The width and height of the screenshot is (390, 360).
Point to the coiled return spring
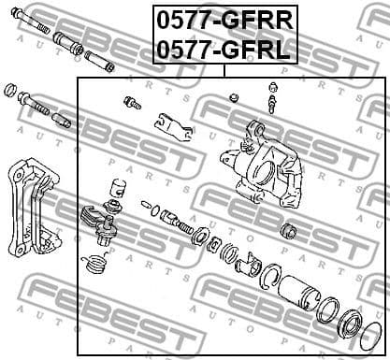94,265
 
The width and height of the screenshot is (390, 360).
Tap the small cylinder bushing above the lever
116,187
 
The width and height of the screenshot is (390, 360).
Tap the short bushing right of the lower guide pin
63,120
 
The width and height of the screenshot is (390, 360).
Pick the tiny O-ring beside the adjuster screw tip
146,202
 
